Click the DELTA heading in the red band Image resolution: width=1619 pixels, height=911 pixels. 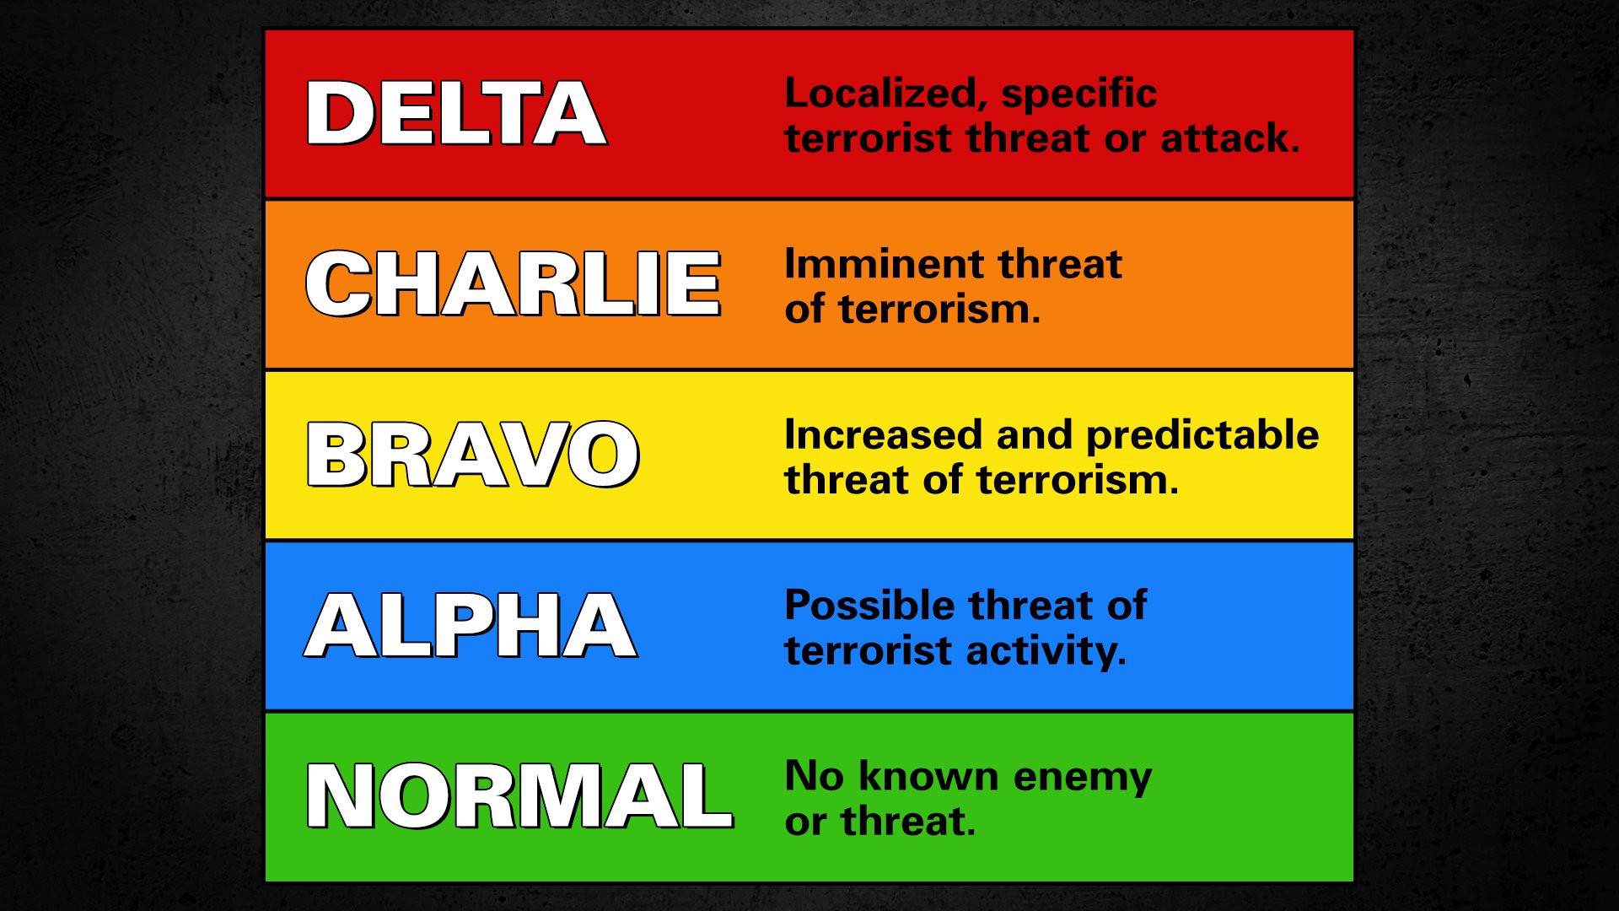tap(456, 113)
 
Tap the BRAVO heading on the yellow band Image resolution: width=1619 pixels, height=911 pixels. tap(473, 455)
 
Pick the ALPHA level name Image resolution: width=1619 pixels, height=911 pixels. tap(471, 625)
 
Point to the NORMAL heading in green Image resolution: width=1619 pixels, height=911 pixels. tap(519, 795)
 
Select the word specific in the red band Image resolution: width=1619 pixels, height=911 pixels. tap(1079, 94)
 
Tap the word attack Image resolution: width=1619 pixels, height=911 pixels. tap(1230, 138)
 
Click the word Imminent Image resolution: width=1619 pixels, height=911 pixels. tap(873, 264)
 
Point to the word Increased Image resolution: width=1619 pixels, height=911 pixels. tap(884, 435)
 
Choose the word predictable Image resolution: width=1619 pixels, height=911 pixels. tap(1202, 436)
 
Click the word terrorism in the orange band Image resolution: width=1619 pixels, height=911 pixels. tap(940, 310)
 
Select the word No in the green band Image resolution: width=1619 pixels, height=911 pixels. tap(814, 776)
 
